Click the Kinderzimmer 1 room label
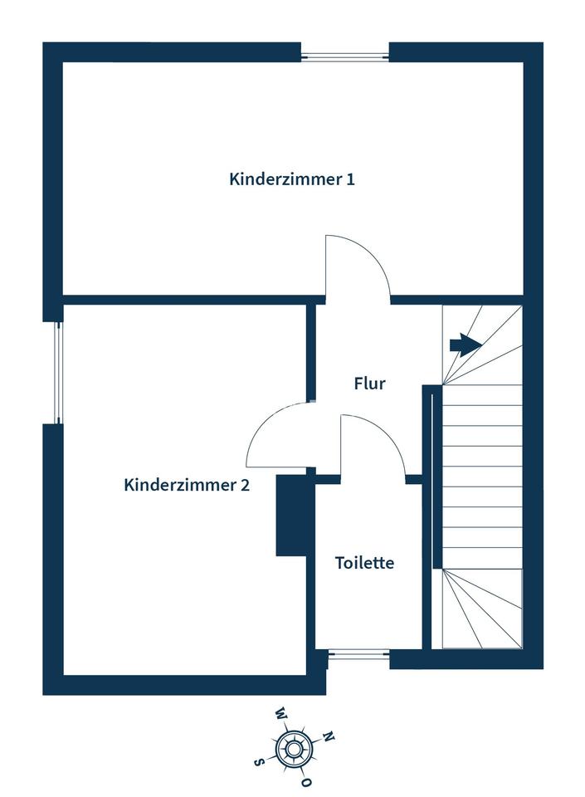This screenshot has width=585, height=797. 292,179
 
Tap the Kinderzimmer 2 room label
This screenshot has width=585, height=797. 187,485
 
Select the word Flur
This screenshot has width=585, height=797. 370,384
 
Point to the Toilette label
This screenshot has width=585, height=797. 364,563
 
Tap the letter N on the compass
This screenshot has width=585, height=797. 329,736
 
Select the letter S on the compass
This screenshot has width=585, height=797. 259,762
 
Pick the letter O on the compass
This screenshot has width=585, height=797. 305,783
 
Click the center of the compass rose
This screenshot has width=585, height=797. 293,748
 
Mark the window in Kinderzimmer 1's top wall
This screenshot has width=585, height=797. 345,57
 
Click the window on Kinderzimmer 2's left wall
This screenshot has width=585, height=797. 58,373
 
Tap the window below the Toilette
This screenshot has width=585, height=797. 358,654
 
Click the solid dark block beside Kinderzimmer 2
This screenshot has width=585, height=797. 292,515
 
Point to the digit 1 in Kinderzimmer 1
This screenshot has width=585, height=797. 350,179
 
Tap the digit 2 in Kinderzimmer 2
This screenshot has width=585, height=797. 246,485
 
